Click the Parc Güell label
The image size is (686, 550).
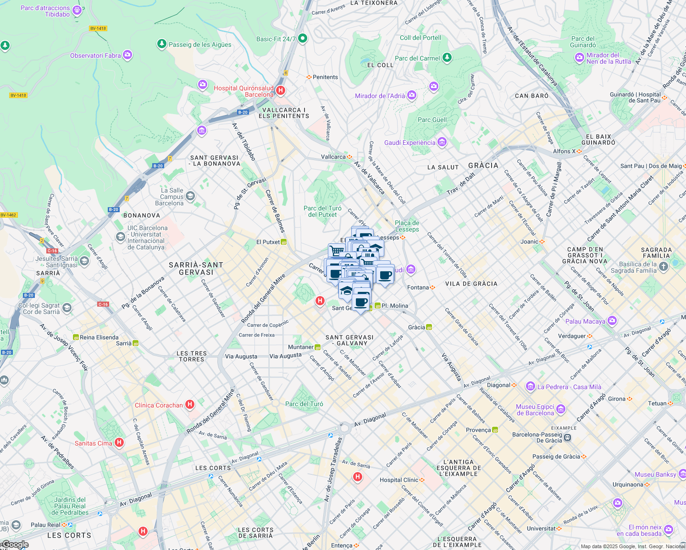point(432,120)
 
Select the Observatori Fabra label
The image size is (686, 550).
point(95,55)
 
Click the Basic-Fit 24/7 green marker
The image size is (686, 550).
point(302,38)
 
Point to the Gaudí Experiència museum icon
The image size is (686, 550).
point(442,142)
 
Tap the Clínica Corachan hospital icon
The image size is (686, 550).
point(190,405)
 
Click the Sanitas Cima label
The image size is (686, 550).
point(94,443)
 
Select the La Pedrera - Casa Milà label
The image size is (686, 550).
point(569,387)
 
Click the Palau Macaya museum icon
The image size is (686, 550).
point(612,321)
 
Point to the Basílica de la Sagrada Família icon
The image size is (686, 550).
point(664,266)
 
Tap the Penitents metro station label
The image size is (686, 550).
point(325,77)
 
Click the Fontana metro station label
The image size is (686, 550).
point(418,287)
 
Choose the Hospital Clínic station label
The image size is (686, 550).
point(398,480)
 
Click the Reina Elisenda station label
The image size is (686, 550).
point(99,337)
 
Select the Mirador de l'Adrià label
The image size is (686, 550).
point(380,96)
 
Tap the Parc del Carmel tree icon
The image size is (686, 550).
point(447,58)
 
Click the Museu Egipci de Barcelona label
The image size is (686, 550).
point(535,410)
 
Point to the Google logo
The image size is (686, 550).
point(15,544)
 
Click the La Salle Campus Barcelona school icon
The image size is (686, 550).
point(190,197)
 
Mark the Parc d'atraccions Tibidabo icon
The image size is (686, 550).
point(77,10)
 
